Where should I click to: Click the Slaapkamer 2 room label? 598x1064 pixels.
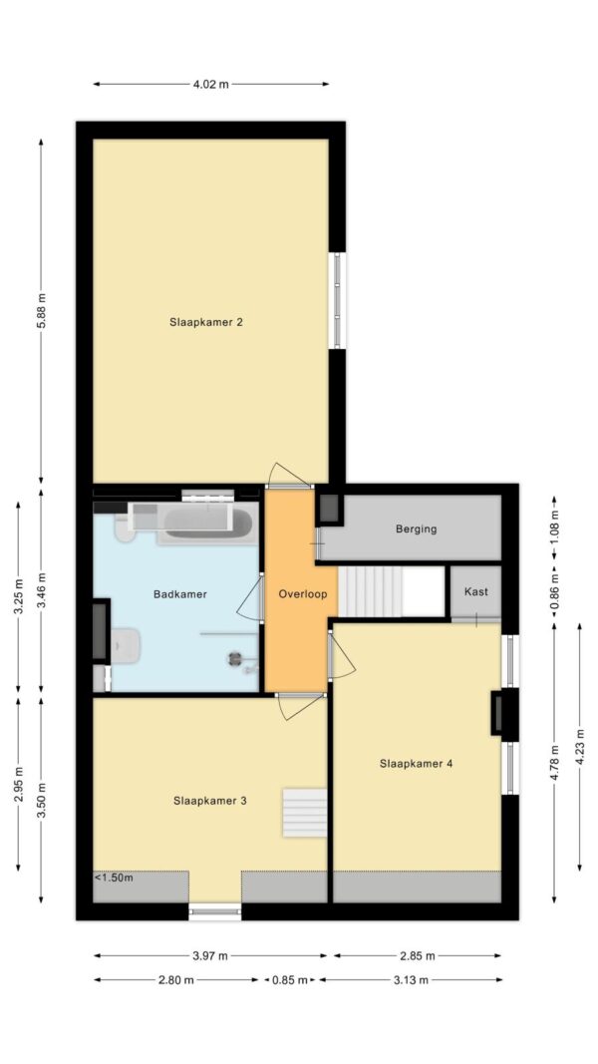point(206,322)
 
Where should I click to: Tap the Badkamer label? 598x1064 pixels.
point(179,593)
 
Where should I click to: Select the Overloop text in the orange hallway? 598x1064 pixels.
point(303,593)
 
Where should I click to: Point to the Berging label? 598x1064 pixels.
point(417,530)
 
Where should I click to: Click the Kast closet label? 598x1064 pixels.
point(476,591)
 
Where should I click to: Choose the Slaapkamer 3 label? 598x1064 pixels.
point(209,801)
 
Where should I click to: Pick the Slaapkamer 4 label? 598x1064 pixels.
point(417,764)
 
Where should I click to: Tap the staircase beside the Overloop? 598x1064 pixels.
point(392,591)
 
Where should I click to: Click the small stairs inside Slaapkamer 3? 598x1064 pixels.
point(304,813)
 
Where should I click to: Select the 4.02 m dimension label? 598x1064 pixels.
point(211,85)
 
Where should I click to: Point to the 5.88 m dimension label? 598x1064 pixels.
point(41,311)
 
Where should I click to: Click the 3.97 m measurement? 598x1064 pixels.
point(211,956)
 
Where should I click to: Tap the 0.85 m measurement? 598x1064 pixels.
point(290,980)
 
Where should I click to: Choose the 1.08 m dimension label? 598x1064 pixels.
point(555,528)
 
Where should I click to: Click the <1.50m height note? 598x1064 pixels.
point(114,879)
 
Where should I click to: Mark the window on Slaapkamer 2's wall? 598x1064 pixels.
point(337,300)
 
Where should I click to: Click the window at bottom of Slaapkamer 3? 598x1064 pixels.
point(215,911)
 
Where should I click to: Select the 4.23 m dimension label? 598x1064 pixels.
point(580,746)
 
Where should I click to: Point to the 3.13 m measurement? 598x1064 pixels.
point(411,980)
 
